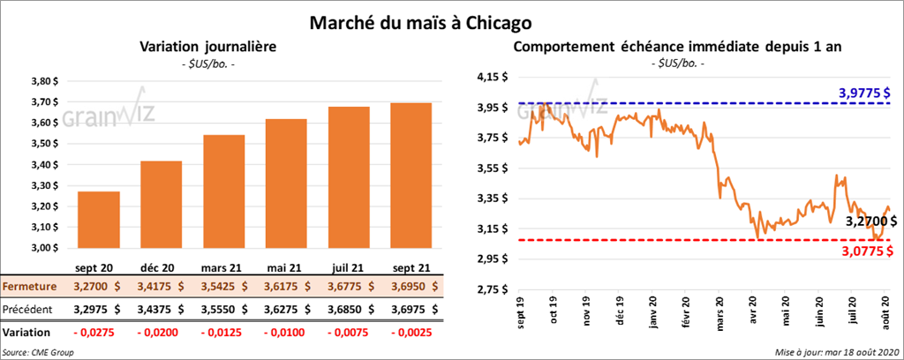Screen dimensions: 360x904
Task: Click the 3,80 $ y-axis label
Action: tap(43, 80)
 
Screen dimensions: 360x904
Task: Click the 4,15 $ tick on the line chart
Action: tap(491, 78)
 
